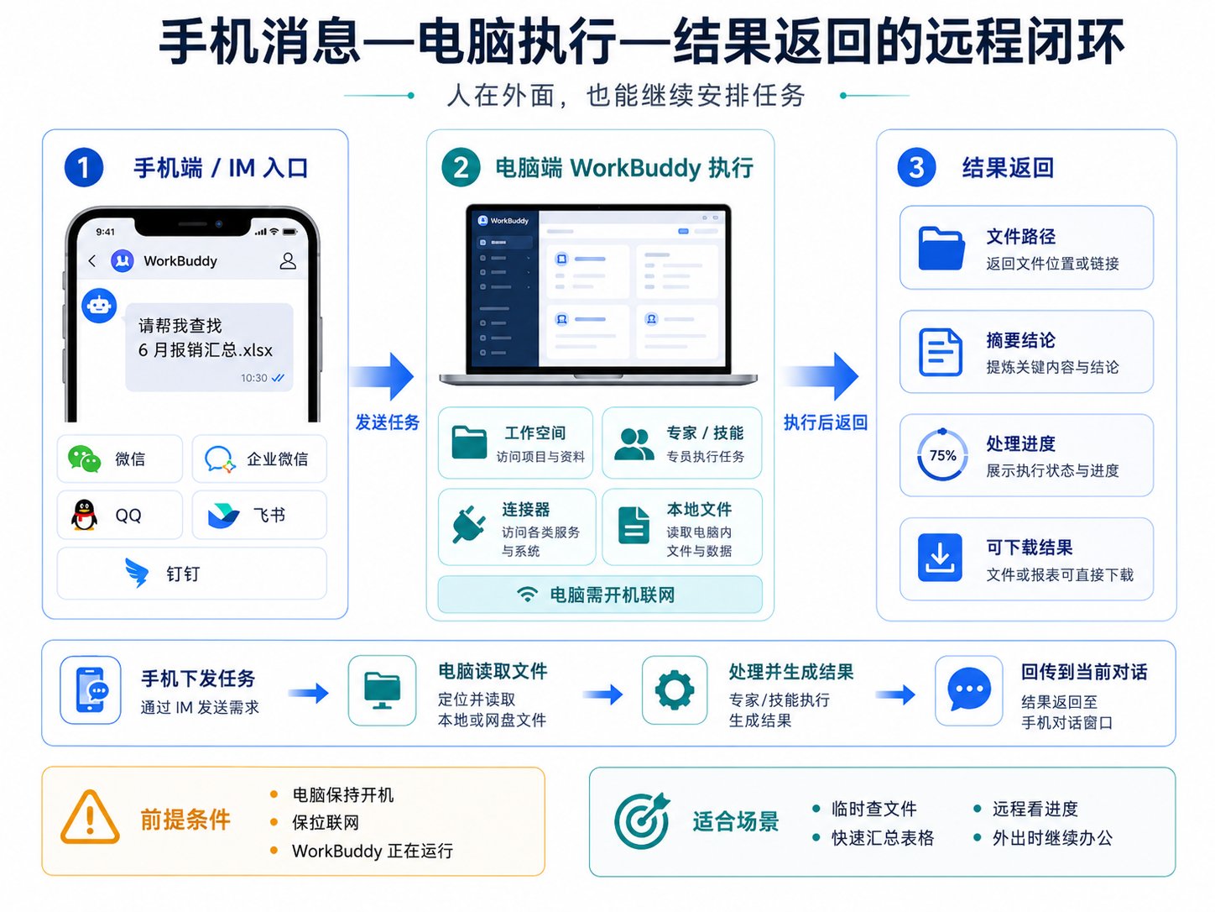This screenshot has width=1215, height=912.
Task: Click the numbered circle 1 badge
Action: coord(84,167)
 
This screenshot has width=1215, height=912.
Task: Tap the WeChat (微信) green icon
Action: coord(84,459)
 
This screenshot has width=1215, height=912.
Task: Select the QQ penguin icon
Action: coord(84,515)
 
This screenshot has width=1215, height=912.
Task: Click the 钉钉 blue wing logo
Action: coord(137,573)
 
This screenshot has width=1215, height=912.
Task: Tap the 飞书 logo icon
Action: coord(223,516)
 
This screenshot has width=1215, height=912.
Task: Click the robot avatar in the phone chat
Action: coord(99,305)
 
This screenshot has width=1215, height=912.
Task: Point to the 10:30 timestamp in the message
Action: coord(253,378)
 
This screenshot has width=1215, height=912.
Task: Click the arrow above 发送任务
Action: coord(382,376)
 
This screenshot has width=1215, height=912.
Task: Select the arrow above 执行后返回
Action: coord(821,376)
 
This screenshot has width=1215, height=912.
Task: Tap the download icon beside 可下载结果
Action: coord(940,558)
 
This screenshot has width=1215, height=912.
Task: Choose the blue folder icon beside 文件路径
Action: coord(941,248)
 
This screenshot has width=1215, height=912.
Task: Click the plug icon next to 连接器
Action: coord(468,524)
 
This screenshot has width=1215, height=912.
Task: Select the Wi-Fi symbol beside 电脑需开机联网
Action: coord(527,595)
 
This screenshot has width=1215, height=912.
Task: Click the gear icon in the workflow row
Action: coord(674,690)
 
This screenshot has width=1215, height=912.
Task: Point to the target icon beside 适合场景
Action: coord(642,821)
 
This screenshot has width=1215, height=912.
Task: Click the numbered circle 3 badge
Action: coord(916,166)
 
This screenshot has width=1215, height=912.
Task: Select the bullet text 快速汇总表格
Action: coord(883,838)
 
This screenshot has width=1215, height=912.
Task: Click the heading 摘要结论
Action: coord(1020,340)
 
